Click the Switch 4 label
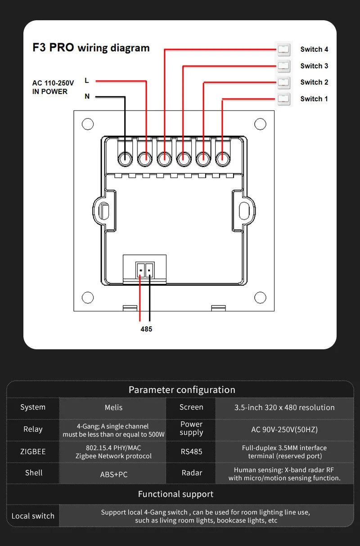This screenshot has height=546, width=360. point(314,50)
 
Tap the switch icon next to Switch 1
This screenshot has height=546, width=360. point(283,99)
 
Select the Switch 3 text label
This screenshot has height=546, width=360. point(314,66)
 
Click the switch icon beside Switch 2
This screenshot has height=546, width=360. point(283,82)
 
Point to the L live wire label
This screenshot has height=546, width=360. point(87,81)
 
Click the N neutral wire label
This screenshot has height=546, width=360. point(87,96)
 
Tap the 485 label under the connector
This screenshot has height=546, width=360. point(146,329)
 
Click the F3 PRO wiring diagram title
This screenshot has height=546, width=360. point(91,48)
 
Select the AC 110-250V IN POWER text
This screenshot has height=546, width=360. point(53,87)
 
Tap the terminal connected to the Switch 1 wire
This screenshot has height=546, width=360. point(222,158)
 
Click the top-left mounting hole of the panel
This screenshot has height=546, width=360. point(88,124)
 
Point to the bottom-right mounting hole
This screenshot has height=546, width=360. point(260,298)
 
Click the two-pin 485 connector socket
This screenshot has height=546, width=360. point(145,270)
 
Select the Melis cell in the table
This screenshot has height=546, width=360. point(113,407)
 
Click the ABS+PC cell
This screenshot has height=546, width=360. point(113,474)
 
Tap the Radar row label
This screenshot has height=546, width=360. point(192,473)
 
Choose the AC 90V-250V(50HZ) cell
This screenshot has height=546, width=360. point(284,429)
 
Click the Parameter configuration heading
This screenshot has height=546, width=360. point(182,390)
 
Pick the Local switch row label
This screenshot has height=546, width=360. point(33,516)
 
